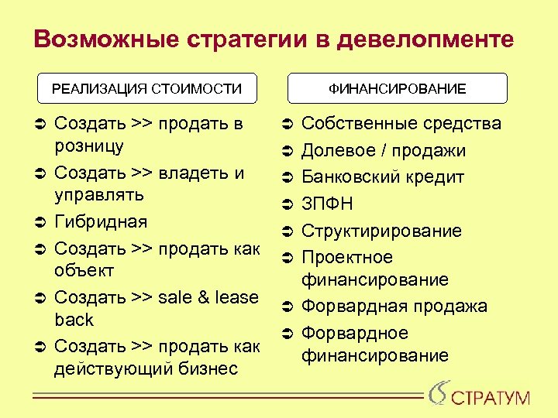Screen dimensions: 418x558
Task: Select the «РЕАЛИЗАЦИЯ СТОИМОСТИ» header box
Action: point(147,89)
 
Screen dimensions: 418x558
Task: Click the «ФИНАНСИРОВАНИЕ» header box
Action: point(398,89)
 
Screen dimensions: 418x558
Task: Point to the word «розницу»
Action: point(89,146)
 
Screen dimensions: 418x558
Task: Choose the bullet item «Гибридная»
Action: point(101,222)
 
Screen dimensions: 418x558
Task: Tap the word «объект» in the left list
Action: point(84,271)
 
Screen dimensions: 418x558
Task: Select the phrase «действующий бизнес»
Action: point(146,369)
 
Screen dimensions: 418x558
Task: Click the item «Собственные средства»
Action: point(401,124)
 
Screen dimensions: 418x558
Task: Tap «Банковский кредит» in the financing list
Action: point(383,177)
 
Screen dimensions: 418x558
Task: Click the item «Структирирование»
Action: point(381,231)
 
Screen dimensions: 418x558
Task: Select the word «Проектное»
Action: point(347,257)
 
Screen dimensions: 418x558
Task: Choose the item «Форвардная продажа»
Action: point(394,307)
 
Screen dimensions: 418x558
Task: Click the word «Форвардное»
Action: point(354,333)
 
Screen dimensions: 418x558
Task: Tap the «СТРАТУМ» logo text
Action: point(491,399)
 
